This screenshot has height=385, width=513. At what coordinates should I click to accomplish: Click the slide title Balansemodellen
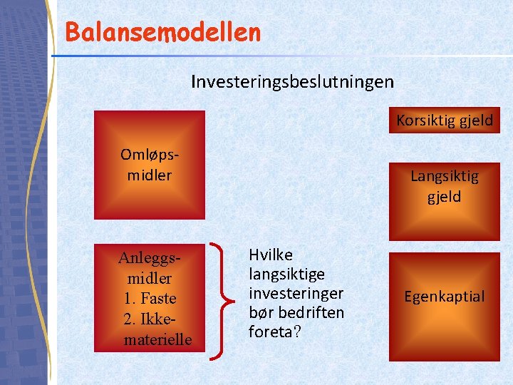(x=162, y=32)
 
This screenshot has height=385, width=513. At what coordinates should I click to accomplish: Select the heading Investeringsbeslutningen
(x=292, y=81)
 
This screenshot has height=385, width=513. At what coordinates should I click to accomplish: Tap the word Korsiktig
(x=424, y=120)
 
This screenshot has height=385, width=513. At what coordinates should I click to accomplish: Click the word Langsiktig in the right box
(x=445, y=176)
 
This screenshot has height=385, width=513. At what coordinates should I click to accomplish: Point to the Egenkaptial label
(x=444, y=297)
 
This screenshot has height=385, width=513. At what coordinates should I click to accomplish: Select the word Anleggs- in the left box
(x=148, y=257)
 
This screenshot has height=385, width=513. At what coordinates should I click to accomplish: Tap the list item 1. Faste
(x=150, y=298)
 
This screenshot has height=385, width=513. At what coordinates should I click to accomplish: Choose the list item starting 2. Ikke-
(x=150, y=319)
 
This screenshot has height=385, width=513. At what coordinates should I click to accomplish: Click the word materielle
(x=157, y=339)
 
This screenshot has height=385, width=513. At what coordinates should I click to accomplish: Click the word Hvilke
(x=270, y=255)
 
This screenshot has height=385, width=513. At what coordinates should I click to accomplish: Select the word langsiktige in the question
(x=286, y=274)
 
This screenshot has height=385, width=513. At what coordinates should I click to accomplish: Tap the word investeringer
(x=296, y=293)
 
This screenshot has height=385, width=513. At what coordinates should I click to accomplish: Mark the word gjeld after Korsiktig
(x=475, y=120)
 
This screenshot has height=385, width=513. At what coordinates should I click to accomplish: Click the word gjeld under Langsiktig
(x=445, y=197)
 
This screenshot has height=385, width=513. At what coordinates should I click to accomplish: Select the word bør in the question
(x=260, y=312)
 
